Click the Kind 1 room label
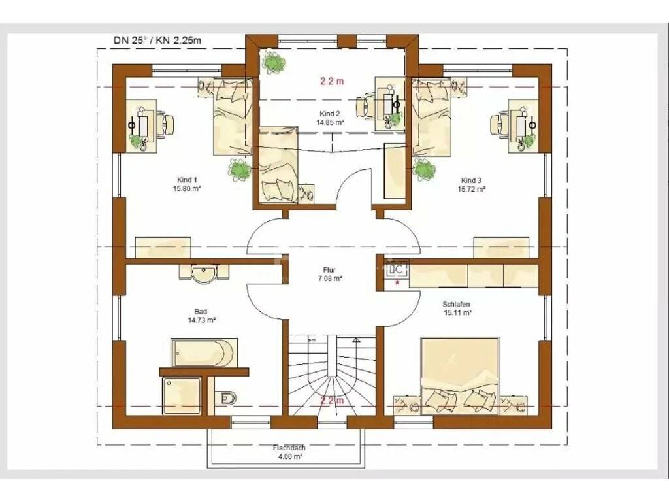click(187, 184)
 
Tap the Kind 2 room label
click(330, 118)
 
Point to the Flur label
click(329, 274)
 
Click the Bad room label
click(201, 316)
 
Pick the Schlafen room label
click(457, 309)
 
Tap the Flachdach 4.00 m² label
click(289, 452)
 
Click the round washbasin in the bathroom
click(204, 274)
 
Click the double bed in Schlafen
click(460, 376)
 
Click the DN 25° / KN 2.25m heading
click(157, 41)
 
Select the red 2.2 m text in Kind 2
click(332, 81)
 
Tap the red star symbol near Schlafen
click(398, 282)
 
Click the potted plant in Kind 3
click(423, 171)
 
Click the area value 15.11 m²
click(457, 313)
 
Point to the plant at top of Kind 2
click(274, 62)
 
